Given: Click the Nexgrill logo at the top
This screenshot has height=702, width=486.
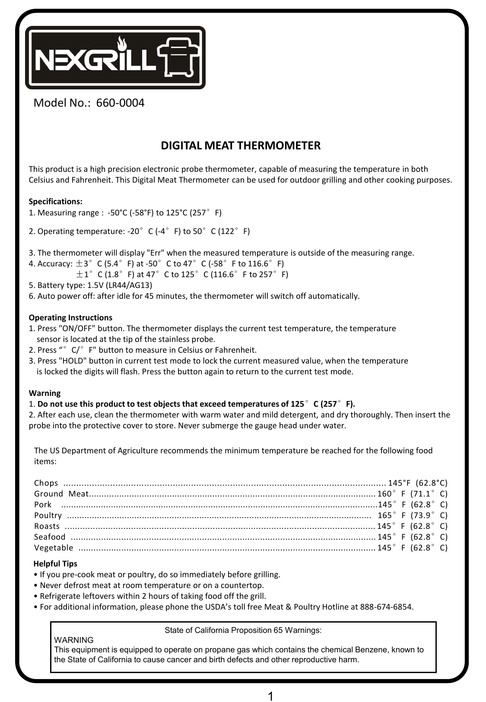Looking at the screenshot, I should (x=115, y=58).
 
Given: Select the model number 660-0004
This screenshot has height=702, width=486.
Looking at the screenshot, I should (x=120, y=103).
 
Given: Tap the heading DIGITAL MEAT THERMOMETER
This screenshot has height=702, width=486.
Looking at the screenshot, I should (x=241, y=145).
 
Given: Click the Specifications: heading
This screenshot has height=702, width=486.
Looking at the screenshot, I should (x=55, y=202).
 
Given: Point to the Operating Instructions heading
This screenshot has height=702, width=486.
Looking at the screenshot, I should (x=70, y=318).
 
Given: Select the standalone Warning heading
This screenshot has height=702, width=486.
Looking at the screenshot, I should (x=44, y=393).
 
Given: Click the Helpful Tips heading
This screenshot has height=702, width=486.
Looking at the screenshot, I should (x=55, y=564).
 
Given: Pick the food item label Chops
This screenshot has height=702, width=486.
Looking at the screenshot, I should (x=46, y=483).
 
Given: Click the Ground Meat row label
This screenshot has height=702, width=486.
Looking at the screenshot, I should (x=61, y=494).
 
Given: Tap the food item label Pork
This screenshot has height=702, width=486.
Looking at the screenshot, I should (x=43, y=505).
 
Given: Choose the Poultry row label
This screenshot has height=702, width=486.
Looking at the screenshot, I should (x=48, y=515).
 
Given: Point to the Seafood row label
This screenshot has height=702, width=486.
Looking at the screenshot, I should (x=50, y=537).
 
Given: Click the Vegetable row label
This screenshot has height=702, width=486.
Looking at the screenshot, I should (x=54, y=548).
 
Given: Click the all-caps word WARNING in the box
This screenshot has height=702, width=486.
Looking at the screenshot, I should (x=73, y=640).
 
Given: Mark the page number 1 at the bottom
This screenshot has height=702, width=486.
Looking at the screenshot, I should (x=270, y=693).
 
